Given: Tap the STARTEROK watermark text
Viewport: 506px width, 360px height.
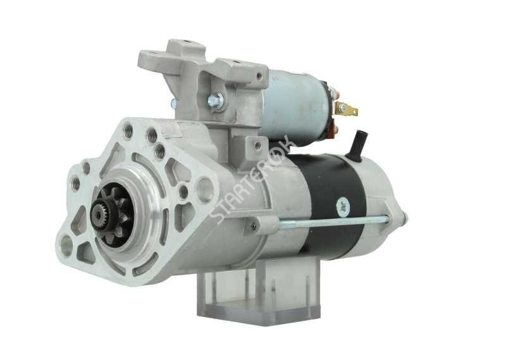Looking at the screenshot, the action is [x=252, y=179].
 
